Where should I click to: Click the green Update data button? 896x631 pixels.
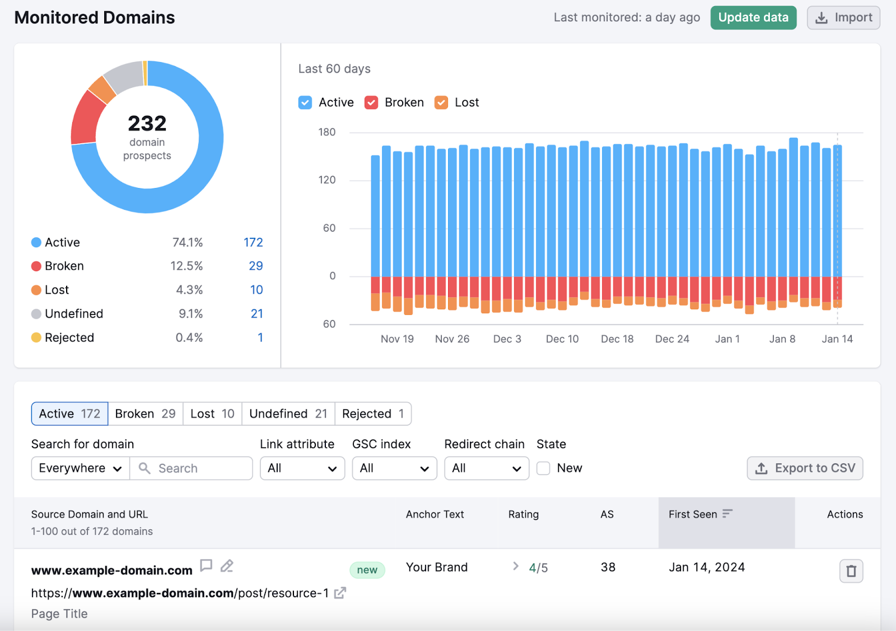(x=753, y=18)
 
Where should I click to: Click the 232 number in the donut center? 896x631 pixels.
(x=147, y=123)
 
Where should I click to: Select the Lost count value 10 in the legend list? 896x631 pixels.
(x=256, y=290)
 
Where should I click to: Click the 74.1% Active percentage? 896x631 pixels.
(x=187, y=242)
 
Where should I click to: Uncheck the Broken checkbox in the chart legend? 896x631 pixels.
(x=371, y=102)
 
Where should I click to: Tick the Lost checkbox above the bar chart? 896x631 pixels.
(x=441, y=102)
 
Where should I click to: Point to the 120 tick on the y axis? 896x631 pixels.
(x=327, y=180)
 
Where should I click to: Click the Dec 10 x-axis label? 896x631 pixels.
(x=562, y=339)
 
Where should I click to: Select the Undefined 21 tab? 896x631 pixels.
(x=288, y=414)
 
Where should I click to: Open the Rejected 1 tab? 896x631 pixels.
(x=373, y=414)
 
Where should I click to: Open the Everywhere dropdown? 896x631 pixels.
(x=80, y=468)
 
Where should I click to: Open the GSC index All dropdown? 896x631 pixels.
(x=394, y=468)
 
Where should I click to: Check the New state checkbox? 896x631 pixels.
(x=543, y=468)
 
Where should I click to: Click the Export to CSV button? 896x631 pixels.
(x=805, y=468)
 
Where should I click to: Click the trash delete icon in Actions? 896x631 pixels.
(x=851, y=571)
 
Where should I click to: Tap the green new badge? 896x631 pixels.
(x=367, y=570)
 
